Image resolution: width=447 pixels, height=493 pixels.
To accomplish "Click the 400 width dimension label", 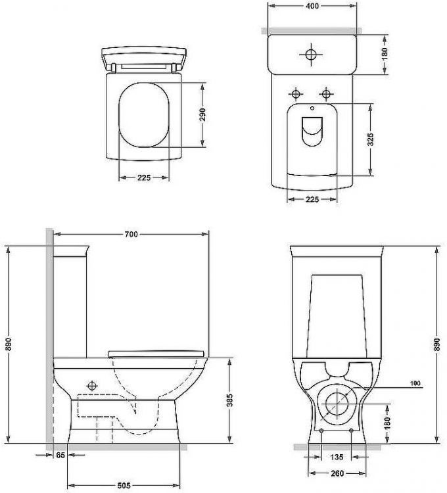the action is pyautogui.click(x=312, y=7).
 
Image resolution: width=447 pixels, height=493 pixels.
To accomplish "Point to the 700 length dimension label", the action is pyautogui.click(x=131, y=234).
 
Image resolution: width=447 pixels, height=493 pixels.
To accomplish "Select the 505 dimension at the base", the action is pyautogui.click(x=124, y=486).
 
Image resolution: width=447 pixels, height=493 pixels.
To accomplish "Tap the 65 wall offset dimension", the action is pyautogui.click(x=60, y=455).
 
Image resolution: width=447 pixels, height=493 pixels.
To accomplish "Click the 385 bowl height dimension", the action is pyautogui.click(x=229, y=400).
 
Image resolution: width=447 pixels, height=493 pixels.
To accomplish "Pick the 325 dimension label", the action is pyautogui.click(x=371, y=139).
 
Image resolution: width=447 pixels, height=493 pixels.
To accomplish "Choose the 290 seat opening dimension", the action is pyautogui.click(x=202, y=115).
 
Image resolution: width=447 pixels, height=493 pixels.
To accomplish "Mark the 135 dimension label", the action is pyautogui.click(x=337, y=457).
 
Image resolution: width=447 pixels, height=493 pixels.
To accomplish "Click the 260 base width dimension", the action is pyautogui.click(x=337, y=473).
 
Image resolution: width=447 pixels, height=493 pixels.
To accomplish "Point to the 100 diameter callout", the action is pyautogui.click(x=415, y=383).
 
